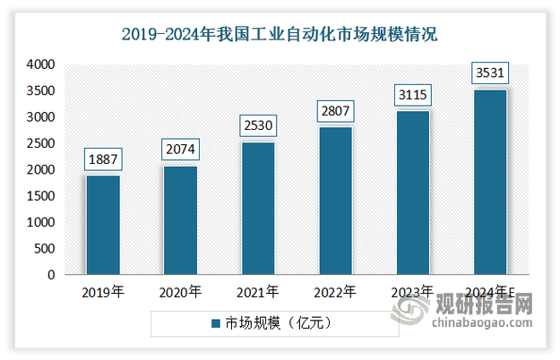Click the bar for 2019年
pyautogui.click(x=103, y=225)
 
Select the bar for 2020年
pyautogui.click(x=180, y=220)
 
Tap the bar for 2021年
pyautogui.click(x=258, y=209)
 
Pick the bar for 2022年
pyautogui.click(x=335, y=201)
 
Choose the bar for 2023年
pyautogui.click(x=412, y=193)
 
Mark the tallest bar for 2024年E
pyautogui.click(x=489, y=182)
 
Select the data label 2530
pyautogui.click(x=258, y=126)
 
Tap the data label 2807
pyautogui.click(x=335, y=112)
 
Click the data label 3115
pyautogui.click(x=412, y=95)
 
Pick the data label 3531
pyautogui.click(x=489, y=73)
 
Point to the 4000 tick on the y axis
pyautogui.click(x=41, y=64)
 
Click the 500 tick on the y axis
pyautogui.click(x=45, y=249)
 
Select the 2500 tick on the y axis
pyautogui.click(x=41, y=143)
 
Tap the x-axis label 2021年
pyautogui.click(x=258, y=292)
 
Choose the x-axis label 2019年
pyautogui.click(x=103, y=292)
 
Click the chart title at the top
pyautogui.click(x=280, y=36)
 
